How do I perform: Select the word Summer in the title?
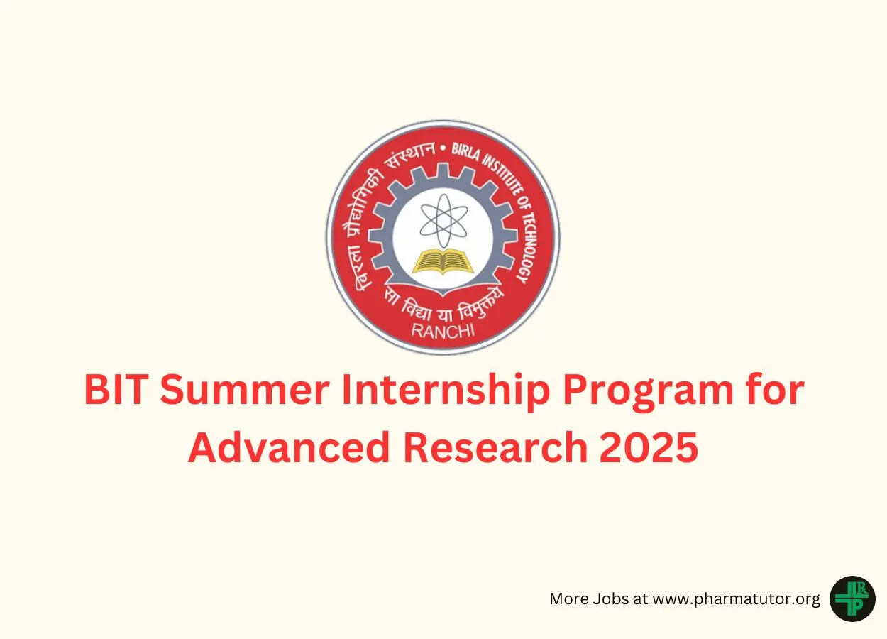[245, 390]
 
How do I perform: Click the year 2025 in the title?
[649, 447]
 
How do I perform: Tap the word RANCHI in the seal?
[443, 331]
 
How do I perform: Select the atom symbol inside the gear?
[443, 220]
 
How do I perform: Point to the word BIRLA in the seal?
[465, 153]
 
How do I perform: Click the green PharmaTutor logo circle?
[852, 599]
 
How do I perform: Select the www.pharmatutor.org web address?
[736, 599]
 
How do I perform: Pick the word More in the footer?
[569, 599]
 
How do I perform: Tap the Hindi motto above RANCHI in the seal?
[443, 305]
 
